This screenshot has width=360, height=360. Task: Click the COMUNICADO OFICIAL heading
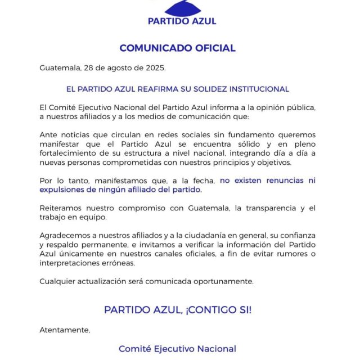(177, 48)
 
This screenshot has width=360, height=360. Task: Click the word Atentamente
(64, 330)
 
